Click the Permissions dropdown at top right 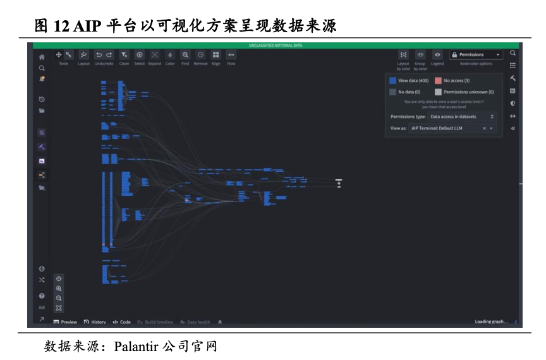[475, 55]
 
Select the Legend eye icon [437, 55]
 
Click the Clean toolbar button [124, 55]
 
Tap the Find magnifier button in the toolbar [185, 55]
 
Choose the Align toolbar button [215, 55]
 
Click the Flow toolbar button [231, 55]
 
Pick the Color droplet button [170, 55]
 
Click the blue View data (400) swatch [392, 81]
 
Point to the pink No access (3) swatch [438, 81]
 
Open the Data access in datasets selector [462, 117]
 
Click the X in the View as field [484, 128]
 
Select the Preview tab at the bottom [65, 322]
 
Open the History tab [95, 322]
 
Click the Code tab [121, 322]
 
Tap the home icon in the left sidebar [42, 57]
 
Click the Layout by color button [403, 55]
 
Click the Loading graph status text [491, 322]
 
